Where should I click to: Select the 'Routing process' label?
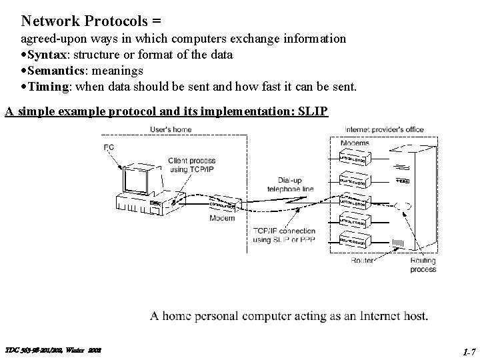click(423, 265)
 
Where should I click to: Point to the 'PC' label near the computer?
click(109, 147)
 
